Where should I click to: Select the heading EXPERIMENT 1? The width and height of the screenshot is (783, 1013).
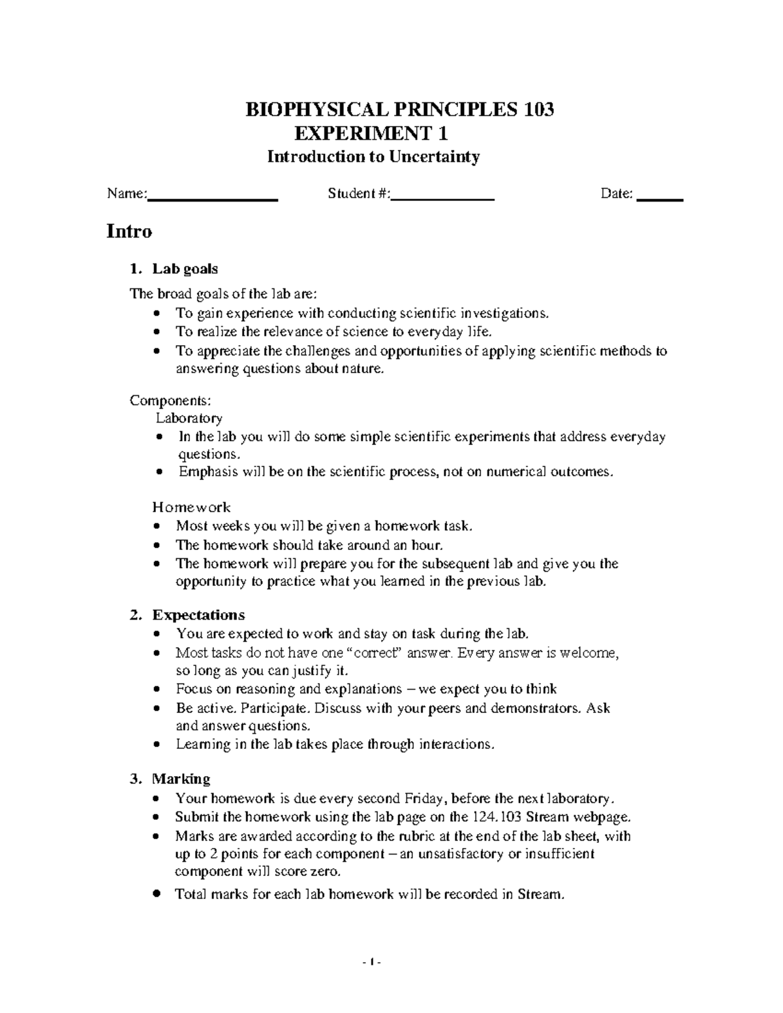371,134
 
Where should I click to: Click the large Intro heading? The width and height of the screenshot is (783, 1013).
129,232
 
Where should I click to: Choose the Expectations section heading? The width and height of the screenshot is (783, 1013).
198,615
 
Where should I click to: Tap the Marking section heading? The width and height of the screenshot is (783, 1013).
181,779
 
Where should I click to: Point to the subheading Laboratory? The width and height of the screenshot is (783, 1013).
189,418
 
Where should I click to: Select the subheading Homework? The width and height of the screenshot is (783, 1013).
191,507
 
